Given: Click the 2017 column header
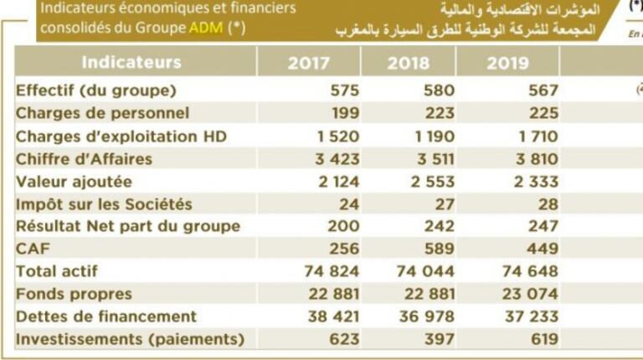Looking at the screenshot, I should tap(309, 64).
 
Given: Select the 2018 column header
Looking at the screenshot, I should tap(409, 64).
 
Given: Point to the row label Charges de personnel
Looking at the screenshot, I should tap(102, 113).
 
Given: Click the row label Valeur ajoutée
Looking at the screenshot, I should tap(74, 181).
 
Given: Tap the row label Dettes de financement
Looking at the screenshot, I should tap(105, 316).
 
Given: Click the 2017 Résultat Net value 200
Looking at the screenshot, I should tap(343, 226).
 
